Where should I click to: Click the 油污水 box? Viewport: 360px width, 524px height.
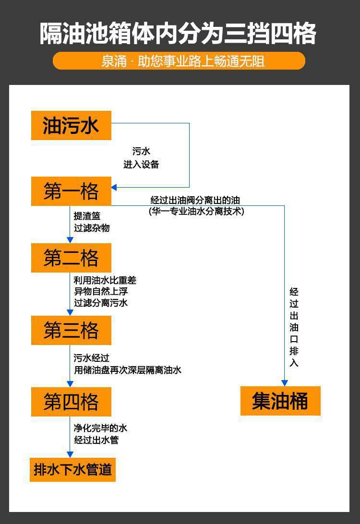(71, 125)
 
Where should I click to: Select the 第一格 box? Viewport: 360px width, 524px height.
(71, 191)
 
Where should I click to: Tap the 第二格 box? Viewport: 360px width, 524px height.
(71, 258)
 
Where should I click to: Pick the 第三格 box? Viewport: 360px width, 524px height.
(71, 330)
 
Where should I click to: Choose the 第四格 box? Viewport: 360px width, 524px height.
(71, 402)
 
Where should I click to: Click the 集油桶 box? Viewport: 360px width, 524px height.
(280, 401)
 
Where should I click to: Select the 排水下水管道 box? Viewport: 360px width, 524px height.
(72, 469)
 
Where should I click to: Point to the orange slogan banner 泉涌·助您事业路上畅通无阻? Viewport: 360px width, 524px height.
(179, 61)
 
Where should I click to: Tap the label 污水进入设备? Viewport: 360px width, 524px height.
(141, 158)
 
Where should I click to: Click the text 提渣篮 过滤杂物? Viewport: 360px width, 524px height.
(92, 222)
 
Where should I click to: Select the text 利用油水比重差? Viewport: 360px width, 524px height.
(105, 280)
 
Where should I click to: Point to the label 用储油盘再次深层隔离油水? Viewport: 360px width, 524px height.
(128, 370)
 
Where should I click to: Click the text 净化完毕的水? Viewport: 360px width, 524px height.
(100, 428)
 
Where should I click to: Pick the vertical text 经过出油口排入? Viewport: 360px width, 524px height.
(294, 327)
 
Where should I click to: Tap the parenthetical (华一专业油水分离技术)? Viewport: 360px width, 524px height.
(196, 211)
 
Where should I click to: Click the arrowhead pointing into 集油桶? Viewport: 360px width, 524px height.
(284, 382)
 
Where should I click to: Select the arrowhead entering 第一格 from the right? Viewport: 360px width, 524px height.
(114, 187)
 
